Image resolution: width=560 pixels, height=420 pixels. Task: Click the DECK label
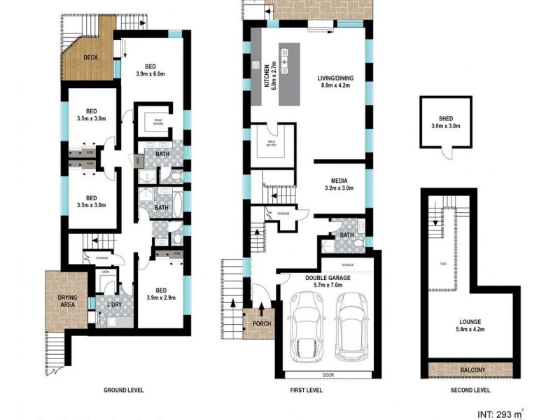(x=90, y=57)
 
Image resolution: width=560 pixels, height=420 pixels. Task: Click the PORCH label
(x=261, y=323)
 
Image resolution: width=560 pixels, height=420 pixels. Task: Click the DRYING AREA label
(x=63, y=302)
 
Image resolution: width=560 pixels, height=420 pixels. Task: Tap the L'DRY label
(x=115, y=306)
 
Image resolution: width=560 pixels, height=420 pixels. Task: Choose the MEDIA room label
(x=339, y=178)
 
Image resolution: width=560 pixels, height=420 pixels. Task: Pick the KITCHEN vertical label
(x=267, y=73)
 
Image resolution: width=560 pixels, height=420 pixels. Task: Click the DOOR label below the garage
(x=328, y=375)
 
